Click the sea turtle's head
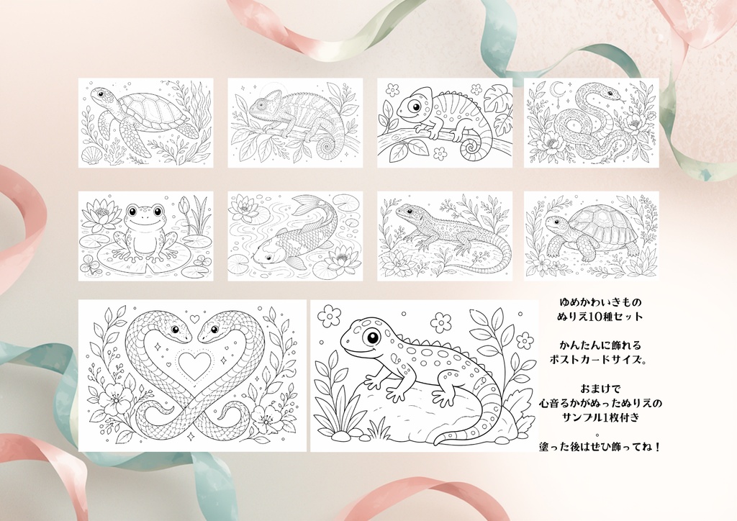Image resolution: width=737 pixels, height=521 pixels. (x=99, y=95)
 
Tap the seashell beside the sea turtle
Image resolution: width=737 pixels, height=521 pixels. (x=91, y=155)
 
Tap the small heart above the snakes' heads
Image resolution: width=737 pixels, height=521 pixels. (x=194, y=320)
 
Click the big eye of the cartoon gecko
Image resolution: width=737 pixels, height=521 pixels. (x=374, y=337)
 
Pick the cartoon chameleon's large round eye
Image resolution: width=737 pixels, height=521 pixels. (x=415, y=107)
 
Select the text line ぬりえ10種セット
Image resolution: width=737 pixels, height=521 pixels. (x=600, y=316)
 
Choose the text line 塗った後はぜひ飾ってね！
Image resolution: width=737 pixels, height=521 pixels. (x=600, y=447)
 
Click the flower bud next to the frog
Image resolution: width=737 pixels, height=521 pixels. (x=184, y=204)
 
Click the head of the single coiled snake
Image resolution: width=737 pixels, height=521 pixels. (x=610, y=95)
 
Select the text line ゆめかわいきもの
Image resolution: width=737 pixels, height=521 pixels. (x=600, y=302)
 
